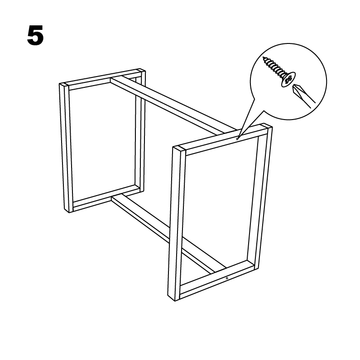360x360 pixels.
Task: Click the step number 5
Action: point(35,36)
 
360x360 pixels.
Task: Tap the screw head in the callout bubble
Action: point(288,79)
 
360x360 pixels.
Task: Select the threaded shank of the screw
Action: point(274,66)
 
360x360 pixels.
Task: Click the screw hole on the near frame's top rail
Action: point(237,139)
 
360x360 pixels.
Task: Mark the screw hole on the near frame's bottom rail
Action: point(227,278)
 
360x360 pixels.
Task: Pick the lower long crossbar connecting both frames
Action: point(169,234)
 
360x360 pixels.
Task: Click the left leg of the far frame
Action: point(66,148)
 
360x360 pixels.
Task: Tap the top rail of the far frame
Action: point(102,79)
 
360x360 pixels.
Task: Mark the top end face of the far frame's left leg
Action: point(64,85)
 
